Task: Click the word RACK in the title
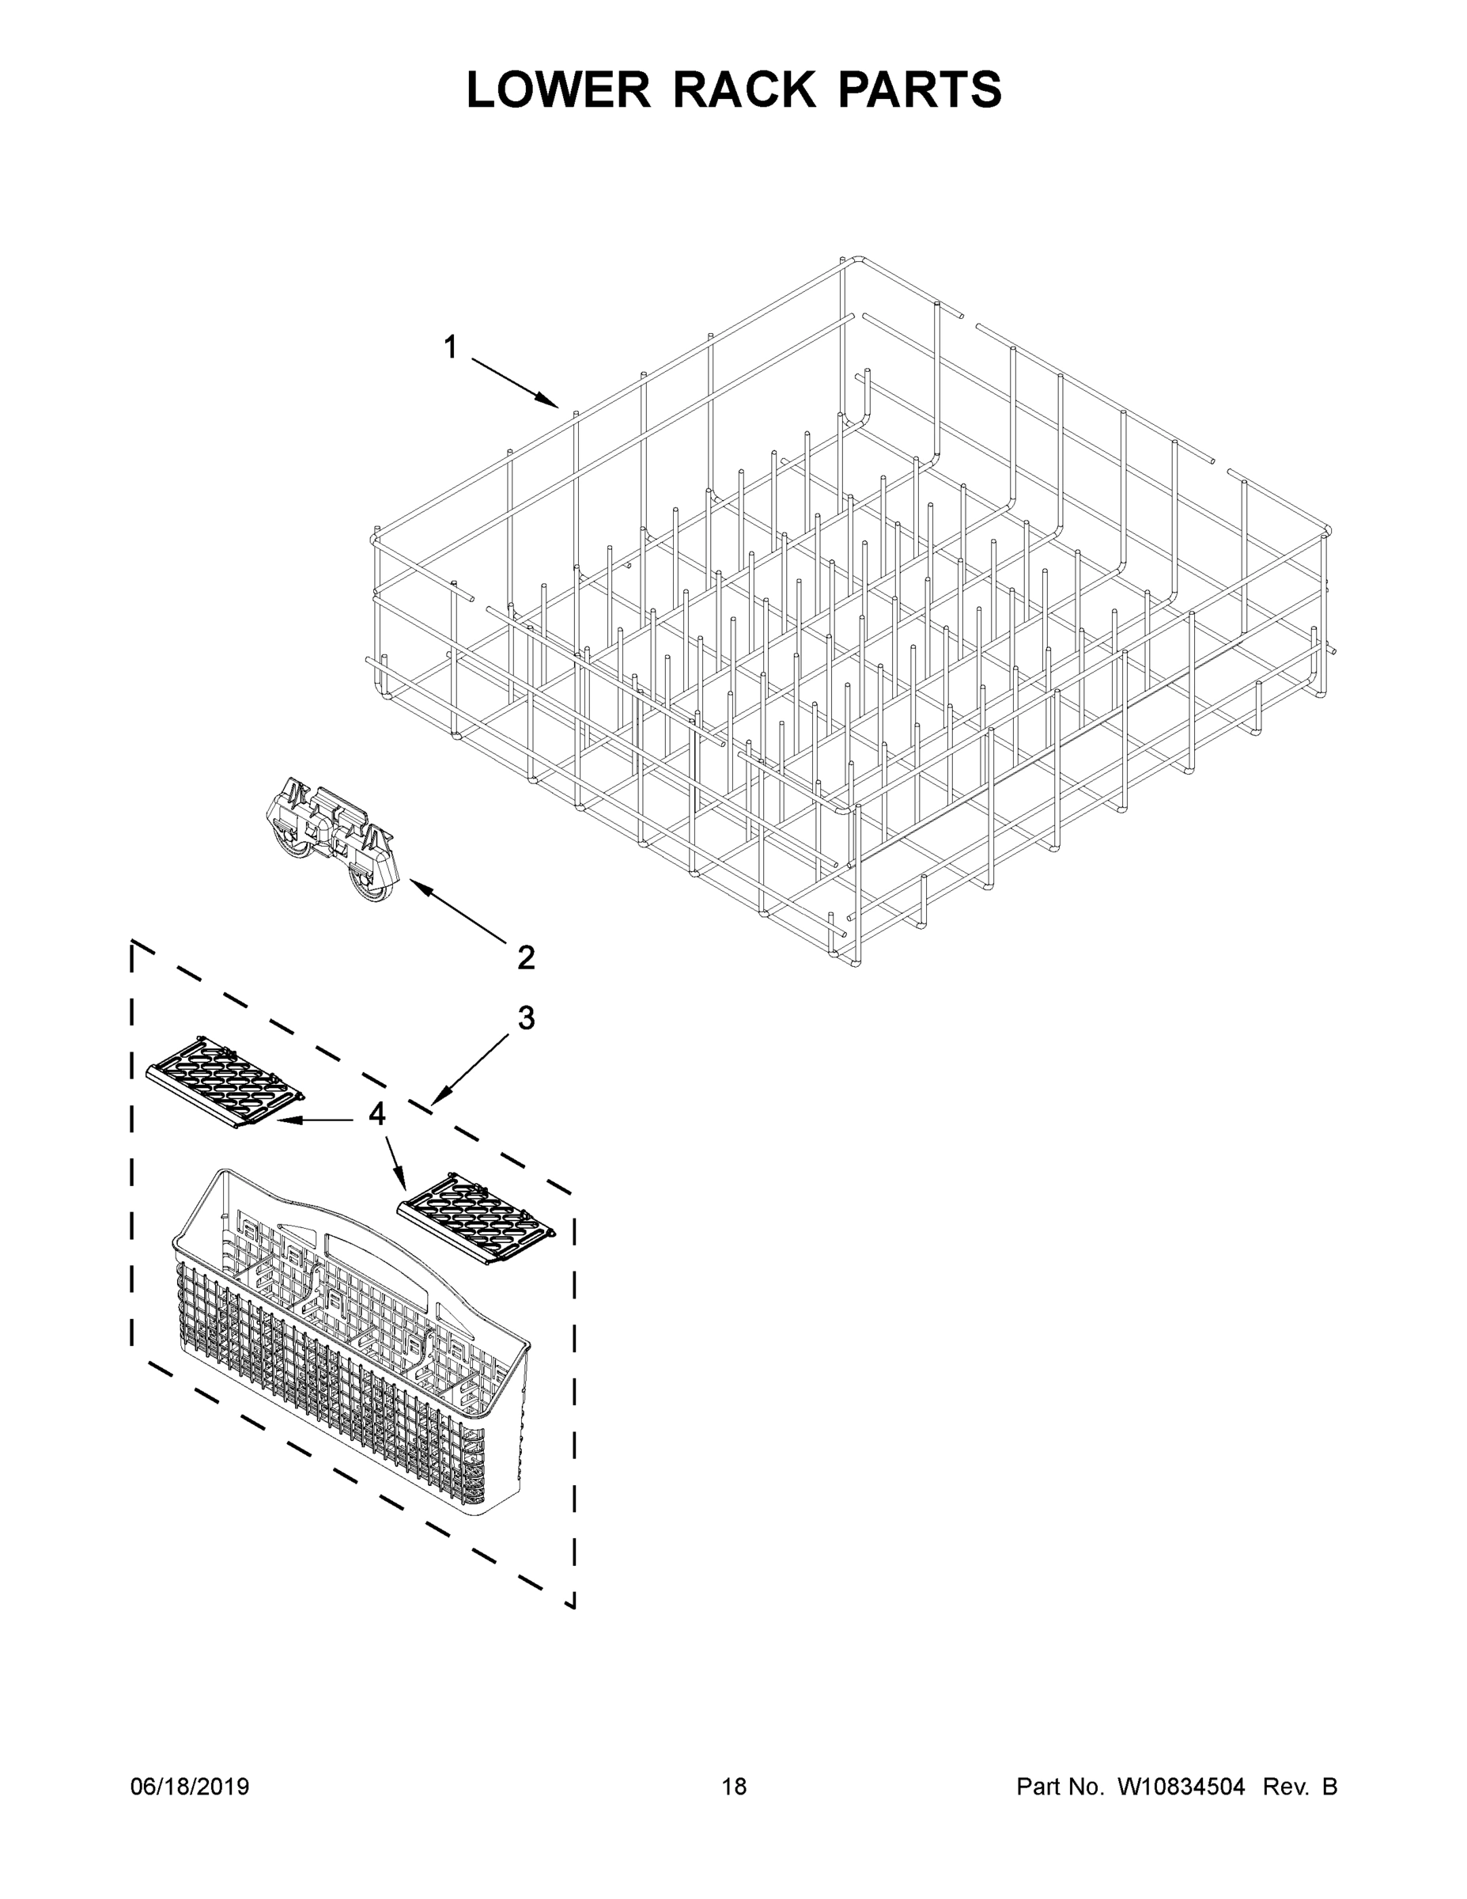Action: click(745, 89)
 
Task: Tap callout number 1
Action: click(450, 348)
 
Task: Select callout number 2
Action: click(526, 957)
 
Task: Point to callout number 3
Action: click(526, 1018)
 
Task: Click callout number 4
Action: click(376, 1114)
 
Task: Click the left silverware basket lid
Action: click(225, 1082)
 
